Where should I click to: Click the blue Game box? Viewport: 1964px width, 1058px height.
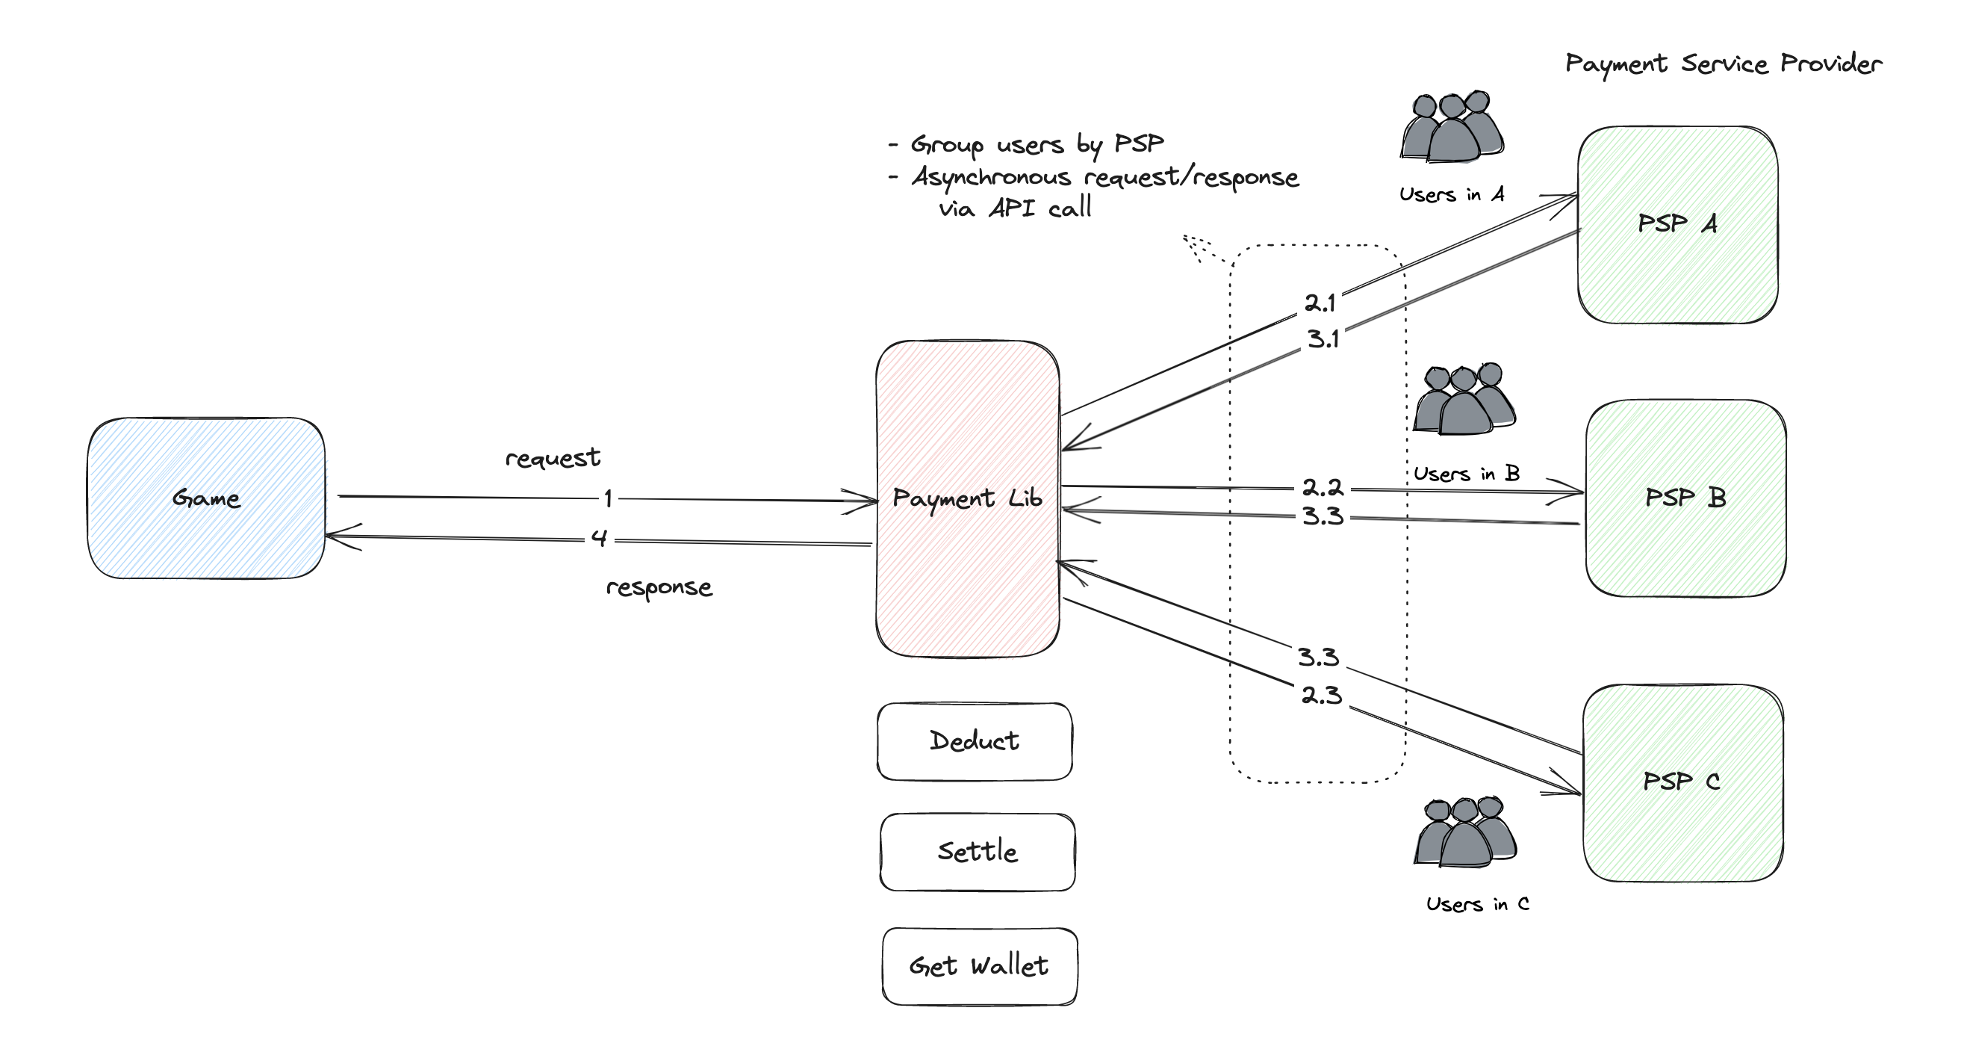[206, 498]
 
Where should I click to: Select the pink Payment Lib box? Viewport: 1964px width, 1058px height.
[967, 498]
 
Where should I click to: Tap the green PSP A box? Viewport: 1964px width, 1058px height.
[1677, 224]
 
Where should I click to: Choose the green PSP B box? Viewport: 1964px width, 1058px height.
[1685, 498]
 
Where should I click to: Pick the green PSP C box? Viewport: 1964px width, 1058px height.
[1682, 782]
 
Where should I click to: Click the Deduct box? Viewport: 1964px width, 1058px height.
[974, 741]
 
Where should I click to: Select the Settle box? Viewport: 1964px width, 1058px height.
[977, 852]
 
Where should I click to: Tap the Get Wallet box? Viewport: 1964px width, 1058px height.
[979, 966]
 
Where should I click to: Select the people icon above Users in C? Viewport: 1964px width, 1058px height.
[1464, 832]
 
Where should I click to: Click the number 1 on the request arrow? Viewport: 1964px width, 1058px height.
[609, 499]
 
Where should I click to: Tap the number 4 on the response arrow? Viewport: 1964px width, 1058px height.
[599, 539]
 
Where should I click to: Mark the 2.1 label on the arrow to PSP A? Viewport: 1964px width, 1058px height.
[1320, 303]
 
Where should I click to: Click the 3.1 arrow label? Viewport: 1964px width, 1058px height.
[1323, 339]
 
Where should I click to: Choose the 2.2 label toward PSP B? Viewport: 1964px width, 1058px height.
[1322, 487]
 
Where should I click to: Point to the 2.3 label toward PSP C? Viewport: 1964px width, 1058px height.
[1321, 695]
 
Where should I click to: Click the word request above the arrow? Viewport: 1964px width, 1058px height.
[553, 458]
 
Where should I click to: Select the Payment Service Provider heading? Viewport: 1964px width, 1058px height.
[1723, 64]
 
